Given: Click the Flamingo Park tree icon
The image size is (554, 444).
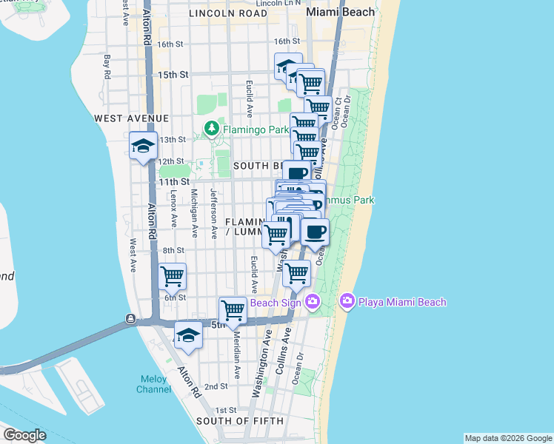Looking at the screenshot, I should click(213, 129).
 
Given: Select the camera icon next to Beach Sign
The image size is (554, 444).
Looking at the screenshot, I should click(313, 301).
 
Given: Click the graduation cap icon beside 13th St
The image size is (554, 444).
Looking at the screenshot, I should click(143, 145).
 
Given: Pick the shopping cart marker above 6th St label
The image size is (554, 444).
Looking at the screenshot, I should click(172, 276).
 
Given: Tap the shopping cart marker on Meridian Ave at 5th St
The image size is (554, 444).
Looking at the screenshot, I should click(233, 309).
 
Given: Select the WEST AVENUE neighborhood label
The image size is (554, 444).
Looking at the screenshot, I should click(132, 118).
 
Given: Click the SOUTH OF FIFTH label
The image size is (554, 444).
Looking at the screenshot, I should click(239, 421).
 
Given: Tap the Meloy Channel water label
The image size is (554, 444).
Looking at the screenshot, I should click(155, 384).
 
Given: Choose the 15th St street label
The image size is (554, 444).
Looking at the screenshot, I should click(174, 75).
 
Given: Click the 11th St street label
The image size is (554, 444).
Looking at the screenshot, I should click(174, 181).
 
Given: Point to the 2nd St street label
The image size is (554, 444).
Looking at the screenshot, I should click(216, 386).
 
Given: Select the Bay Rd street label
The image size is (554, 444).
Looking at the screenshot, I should click(107, 66).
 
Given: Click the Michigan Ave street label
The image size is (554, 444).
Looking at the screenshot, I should click(194, 212).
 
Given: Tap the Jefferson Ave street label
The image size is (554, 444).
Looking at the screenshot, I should click(213, 213).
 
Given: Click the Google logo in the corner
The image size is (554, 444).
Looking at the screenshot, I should click(24, 435).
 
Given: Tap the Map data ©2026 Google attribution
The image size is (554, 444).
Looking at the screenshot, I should click(507, 438).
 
